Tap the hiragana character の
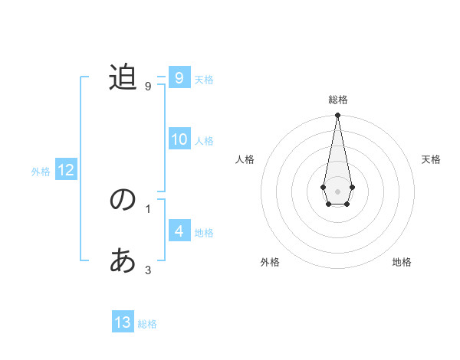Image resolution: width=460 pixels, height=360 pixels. (123, 201)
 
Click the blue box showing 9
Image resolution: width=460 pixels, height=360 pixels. (179, 78)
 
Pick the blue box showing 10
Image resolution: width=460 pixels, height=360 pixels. (179, 139)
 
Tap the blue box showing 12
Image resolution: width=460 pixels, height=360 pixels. (65, 170)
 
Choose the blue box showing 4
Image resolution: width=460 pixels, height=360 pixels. (179, 231)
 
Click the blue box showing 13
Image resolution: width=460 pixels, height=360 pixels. (123, 322)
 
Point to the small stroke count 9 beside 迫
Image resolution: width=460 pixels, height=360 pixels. (148, 86)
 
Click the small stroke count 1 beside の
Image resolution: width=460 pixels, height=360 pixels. (148, 208)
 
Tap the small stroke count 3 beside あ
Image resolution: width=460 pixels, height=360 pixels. (148, 270)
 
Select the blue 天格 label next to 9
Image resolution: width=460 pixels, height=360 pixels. (204, 79)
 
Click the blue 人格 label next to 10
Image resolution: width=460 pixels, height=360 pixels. (204, 141)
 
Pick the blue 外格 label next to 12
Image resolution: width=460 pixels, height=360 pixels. (41, 172)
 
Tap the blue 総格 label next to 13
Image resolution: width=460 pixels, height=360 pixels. (147, 324)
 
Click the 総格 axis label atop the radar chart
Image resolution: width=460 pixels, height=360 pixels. (337, 100)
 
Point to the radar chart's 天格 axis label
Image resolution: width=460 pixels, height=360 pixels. (431, 159)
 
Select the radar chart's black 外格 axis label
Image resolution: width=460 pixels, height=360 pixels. (270, 262)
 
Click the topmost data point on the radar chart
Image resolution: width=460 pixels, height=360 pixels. (337, 116)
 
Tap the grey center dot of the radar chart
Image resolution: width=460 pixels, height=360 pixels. (337, 191)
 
